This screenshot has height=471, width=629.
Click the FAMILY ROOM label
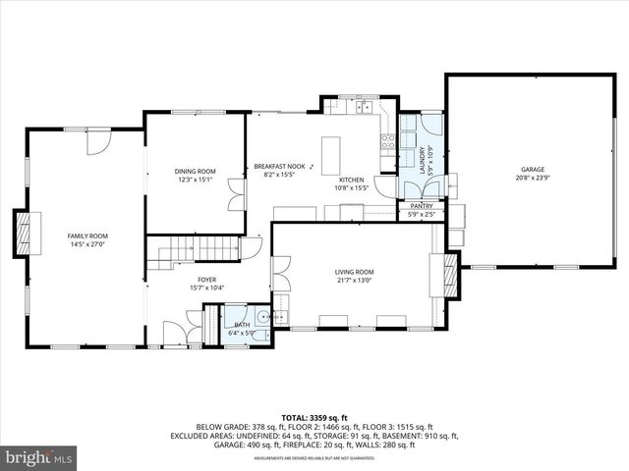[x=87, y=235]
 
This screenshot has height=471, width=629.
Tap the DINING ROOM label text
[x=196, y=171]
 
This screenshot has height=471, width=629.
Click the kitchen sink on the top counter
[x=365, y=106]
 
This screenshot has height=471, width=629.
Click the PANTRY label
[x=421, y=206]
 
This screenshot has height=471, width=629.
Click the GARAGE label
[x=532, y=170]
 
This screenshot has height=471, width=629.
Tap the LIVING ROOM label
[x=354, y=271]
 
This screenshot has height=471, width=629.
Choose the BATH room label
[x=242, y=324]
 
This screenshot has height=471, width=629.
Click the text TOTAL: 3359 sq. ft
[x=314, y=417]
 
